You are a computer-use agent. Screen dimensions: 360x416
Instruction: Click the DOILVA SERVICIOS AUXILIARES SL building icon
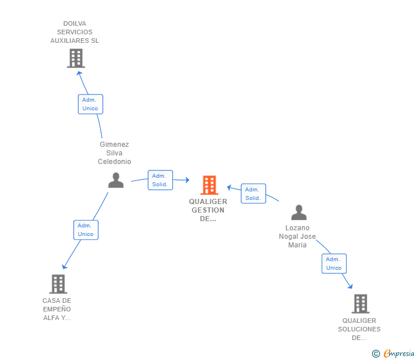[x=75, y=58]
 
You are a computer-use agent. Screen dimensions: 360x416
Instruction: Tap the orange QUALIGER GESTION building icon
[x=209, y=185]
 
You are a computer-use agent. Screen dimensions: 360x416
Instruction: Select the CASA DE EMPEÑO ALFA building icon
[x=58, y=284]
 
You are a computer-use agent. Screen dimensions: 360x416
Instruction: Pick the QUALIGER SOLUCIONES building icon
[x=360, y=303]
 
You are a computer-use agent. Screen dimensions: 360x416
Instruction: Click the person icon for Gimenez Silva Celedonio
[x=116, y=180]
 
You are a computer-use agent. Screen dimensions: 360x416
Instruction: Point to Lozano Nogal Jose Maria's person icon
[x=298, y=213]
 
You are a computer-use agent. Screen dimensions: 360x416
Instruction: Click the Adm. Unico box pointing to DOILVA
[x=90, y=104]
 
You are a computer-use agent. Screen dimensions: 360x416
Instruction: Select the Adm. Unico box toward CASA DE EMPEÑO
[x=86, y=230]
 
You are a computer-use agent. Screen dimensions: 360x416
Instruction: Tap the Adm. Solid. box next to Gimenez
[x=160, y=180]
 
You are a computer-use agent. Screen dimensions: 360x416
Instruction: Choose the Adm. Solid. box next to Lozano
[x=253, y=194]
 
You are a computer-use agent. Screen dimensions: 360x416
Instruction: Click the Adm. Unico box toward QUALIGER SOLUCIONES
[x=334, y=263]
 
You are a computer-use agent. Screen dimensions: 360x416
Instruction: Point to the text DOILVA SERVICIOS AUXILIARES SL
[x=75, y=32]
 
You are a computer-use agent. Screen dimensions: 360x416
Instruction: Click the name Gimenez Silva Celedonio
[x=114, y=153]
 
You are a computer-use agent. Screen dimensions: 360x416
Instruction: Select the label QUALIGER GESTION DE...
[x=209, y=210]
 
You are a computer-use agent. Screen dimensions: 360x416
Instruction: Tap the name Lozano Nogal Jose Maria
[x=297, y=237]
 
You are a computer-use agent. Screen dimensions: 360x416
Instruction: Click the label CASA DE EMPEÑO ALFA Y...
[x=57, y=309]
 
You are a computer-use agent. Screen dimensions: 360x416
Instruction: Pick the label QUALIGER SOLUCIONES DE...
[x=359, y=329]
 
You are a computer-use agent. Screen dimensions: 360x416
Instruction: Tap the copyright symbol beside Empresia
[x=376, y=354]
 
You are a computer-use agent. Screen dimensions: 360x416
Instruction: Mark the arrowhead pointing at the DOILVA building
[x=79, y=72]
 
